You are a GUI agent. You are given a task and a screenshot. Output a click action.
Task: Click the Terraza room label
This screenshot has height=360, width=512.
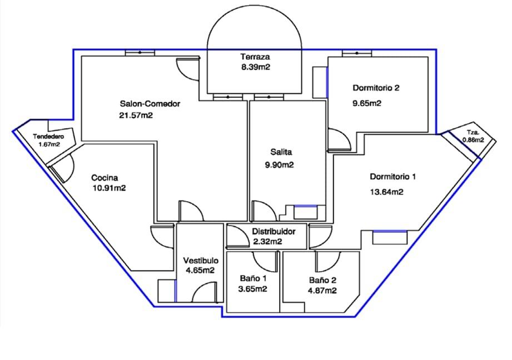[x=255, y=57]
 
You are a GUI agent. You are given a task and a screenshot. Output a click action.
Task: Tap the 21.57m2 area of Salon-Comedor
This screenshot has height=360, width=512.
[x=136, y=116]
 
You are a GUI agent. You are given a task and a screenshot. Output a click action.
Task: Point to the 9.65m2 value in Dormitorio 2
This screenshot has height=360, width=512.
[x=367, y=103]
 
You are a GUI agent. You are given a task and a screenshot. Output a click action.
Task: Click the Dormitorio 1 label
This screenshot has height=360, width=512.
[x=393, y=177]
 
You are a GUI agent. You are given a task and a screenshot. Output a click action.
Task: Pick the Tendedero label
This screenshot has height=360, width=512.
[x=49, y=137]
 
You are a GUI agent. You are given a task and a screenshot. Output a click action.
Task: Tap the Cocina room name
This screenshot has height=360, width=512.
[x=105, y=178]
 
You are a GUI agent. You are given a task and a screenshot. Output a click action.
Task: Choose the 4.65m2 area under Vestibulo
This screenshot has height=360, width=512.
[x=200, y=271]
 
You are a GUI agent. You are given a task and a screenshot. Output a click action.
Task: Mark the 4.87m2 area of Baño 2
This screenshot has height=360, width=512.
[x=322, y=291]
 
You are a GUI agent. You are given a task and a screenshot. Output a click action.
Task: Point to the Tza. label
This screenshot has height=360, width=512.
[x=473, y=133]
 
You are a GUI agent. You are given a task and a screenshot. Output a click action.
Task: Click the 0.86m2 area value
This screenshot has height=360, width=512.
[x=473, y=141]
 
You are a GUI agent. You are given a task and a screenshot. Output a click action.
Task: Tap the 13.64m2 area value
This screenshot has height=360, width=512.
[x=386, y=192]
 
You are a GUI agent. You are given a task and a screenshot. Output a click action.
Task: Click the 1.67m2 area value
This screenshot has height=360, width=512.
[x=49, y=144]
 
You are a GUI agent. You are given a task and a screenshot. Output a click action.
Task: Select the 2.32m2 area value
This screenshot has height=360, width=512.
[x=267, y=242]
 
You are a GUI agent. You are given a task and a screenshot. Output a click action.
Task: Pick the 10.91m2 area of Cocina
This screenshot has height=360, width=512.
[x=109, y=188]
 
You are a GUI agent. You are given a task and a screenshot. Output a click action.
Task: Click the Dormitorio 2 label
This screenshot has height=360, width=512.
[x=376, y=88]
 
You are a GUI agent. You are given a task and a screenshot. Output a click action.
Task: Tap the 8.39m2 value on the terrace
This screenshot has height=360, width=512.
[x=255, y=67]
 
